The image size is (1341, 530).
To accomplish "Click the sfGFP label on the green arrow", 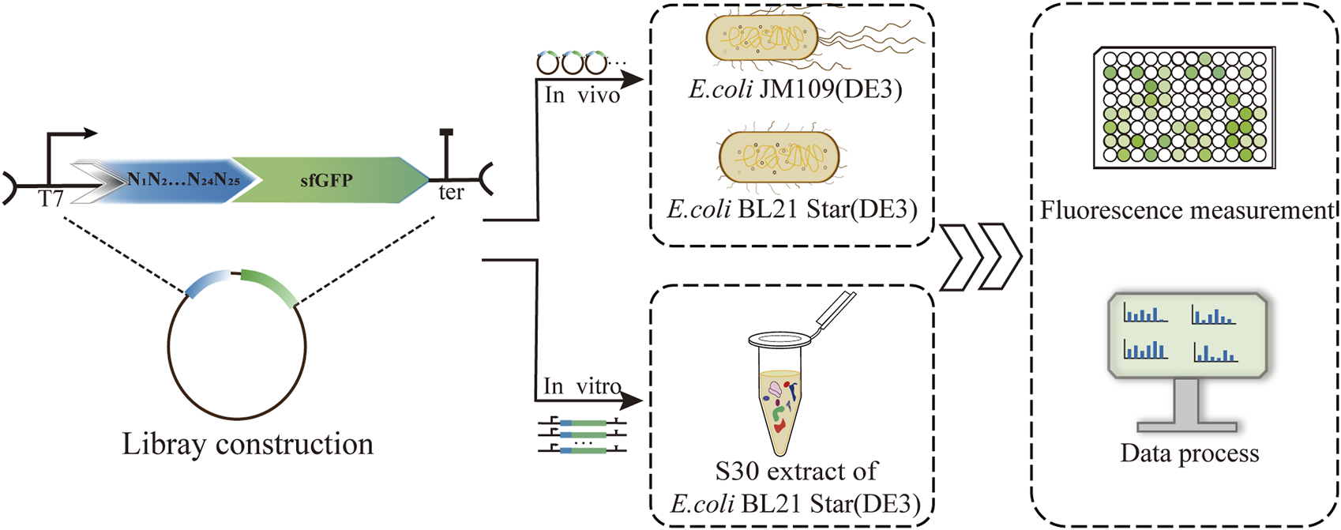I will (x=326, y=181).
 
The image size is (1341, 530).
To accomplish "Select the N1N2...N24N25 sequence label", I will (x=183, y=181).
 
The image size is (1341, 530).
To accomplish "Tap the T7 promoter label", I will (x=51, y=199).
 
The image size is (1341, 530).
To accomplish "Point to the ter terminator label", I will (x=451, y=193).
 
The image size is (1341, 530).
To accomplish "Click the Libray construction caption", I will (x=247, y=444).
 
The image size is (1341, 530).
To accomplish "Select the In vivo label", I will (x=582, y=96).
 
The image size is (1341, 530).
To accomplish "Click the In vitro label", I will (x=582, y=386).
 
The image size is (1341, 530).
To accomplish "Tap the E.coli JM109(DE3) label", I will (x=795, y=89).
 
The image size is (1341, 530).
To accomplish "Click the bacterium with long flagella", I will (x=762, y=39).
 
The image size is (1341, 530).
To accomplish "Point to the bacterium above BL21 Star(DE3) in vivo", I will (x=779, y=157).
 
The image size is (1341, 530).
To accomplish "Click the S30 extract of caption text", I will (x=795, y=472).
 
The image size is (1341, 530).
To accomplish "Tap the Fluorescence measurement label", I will (x=1186, y=211).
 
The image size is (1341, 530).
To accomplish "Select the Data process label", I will (x=1189, y=453).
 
